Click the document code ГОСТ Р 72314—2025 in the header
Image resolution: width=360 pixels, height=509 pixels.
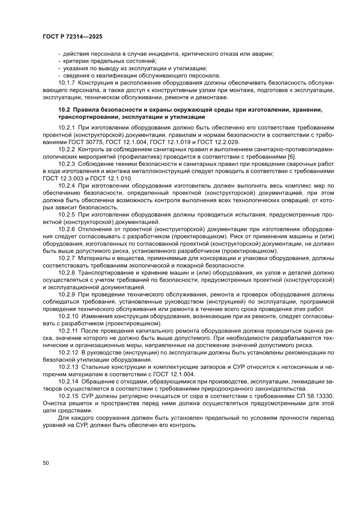tap(72, 37)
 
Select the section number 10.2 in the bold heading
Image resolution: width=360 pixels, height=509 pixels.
tap(64, 110)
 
